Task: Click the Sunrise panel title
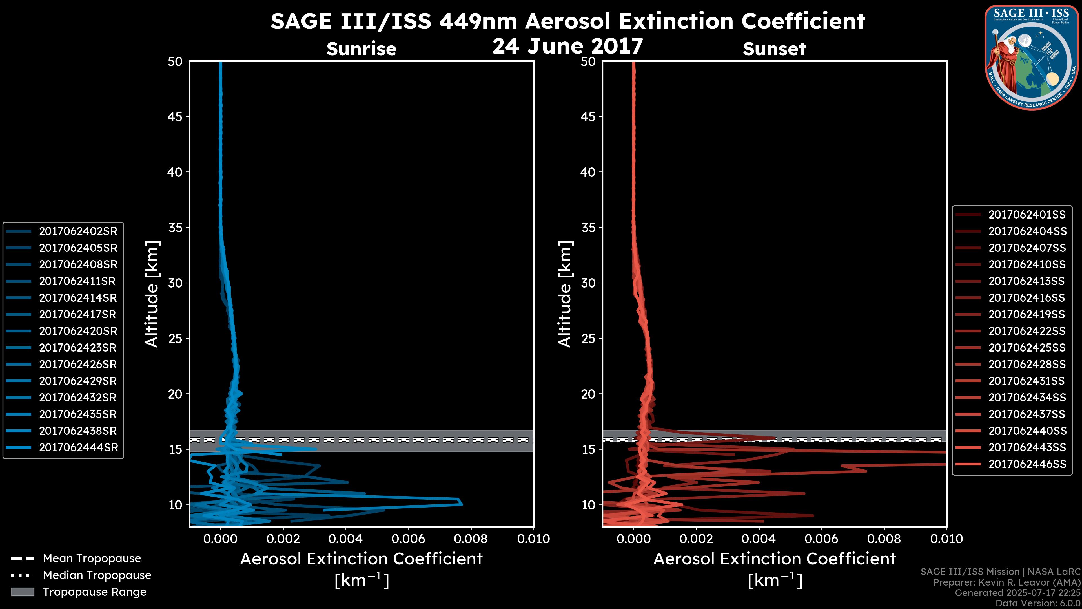361,49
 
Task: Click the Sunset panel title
774,49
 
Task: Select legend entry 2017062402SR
78,231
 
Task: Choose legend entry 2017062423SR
78,348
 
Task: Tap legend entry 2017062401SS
1026,215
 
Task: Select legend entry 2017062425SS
1026,348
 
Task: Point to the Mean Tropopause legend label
92,558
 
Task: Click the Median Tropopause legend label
97,575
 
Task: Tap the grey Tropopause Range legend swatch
23,592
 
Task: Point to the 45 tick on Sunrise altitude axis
175,116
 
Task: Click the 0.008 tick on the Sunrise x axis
471,539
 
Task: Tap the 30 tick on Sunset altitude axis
588,283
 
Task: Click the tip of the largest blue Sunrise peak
462,504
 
